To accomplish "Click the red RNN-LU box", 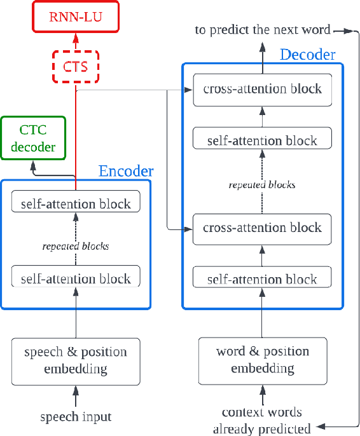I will (76, 17).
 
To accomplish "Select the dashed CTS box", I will (76, 67).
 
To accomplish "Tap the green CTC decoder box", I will (33, 138).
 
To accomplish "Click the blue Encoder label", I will (126, 171).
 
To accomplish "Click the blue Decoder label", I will (307, 55).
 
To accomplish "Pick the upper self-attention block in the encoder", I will (76, 204).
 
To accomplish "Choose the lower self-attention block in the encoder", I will (76, 278).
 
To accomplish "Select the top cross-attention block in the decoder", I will (262, 89).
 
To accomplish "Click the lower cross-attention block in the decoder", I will (262, 228).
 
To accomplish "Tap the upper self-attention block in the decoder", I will (262, 140).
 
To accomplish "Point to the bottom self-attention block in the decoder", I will (262, 279).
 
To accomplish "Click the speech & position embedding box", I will (76, 360).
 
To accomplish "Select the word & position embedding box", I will (262, 360).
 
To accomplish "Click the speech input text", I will (76, 417).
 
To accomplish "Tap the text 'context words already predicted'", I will (262, 420).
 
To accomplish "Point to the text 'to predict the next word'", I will (262, 29).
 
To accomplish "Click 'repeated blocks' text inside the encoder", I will (76, 246).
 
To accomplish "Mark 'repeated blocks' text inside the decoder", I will (262, 185).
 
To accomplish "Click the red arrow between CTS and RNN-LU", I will (76, 41).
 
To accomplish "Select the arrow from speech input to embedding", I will (76, 398).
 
